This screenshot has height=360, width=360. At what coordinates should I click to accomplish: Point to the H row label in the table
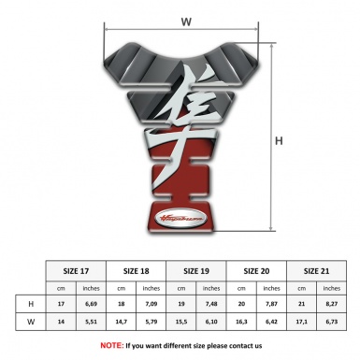(32, 304)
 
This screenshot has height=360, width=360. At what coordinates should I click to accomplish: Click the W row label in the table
(32, 322)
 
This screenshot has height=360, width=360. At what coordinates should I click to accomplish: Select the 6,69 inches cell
(92, 304)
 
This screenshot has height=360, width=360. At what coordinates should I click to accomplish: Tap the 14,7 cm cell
(122, 322)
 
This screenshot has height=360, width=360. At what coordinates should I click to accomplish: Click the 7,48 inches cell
(212, 304)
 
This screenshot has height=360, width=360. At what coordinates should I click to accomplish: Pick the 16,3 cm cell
(242, 322)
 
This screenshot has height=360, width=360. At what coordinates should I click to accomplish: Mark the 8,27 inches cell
(332, 304)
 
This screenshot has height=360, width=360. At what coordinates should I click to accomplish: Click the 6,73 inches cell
(332, 322)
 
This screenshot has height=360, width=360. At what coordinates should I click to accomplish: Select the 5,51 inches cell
(92, 322)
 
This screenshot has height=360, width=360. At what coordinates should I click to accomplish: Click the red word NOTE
(111, 345)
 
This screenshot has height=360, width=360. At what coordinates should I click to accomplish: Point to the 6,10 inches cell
(212, 322)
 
